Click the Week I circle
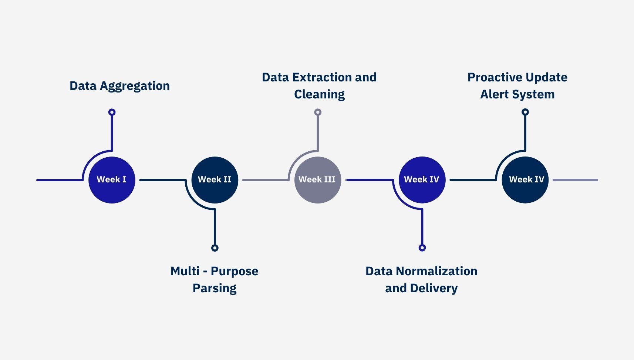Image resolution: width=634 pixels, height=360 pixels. [x=112, y=180]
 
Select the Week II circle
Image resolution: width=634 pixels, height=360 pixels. [x=215, y=180]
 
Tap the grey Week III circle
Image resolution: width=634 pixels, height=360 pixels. [x=317, y=180]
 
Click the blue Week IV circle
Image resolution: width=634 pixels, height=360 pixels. [x=422, y=180]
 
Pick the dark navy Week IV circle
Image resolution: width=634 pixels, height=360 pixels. [x=525, y=180]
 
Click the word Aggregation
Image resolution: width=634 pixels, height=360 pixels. [x=135, y=86]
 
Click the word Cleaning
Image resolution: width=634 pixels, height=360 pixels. [x=319, y=95]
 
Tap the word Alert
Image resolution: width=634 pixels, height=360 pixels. [x=494, y=94]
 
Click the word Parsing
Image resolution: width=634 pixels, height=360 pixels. [x=215, y=288]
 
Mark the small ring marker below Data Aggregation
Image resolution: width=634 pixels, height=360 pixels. [x=112, y=112]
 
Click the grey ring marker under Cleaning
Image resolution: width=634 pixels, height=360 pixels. [x=318, y=112]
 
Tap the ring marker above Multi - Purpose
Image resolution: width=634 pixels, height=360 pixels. [x=215, y=248]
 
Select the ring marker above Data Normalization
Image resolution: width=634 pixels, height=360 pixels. [x=422, y=248]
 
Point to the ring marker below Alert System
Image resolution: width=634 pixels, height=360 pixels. [x=525, y=112]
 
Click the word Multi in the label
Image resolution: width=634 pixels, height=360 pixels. [x=185, y=271]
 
